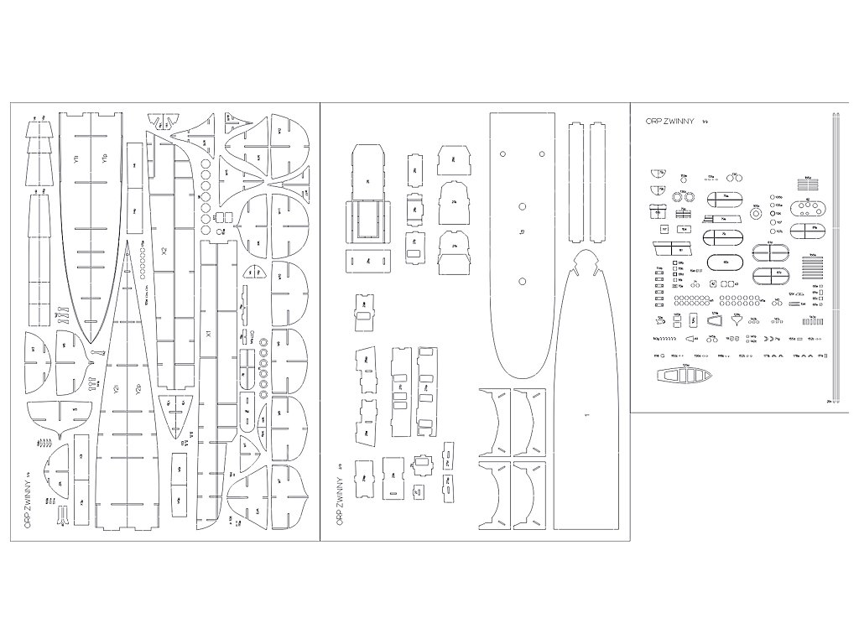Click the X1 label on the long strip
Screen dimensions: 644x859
(207, 334)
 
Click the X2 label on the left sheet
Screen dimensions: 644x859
(164, 250)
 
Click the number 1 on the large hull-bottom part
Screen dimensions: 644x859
(587, 415)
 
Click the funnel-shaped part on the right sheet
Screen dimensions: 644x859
(737, 320)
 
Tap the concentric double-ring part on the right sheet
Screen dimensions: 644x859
(754, 214)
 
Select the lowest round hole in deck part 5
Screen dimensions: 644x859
(522, 280)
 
